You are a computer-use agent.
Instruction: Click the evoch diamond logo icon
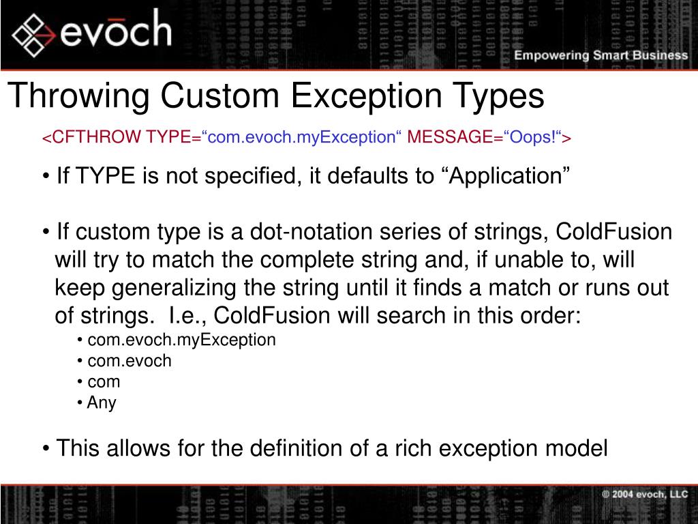pyautogui.click(x=32, y=34)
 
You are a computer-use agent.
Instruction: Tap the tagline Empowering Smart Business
pyautogui.click(x=601, y=55)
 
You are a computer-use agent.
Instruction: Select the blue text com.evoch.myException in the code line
pyautogui.click(x=301, y=138)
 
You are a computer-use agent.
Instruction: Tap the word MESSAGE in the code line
pyautogui.click(x=446, y=138)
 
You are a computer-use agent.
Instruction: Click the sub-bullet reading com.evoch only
pyautogui.click(x=130, y=361)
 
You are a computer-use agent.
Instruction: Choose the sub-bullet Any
pyautogui.click(x=102, y=403)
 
